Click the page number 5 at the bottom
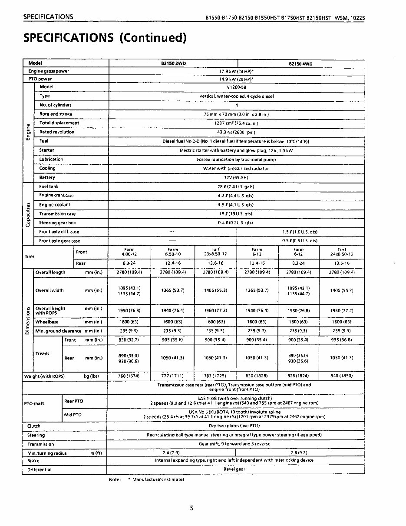[x=191, y=508]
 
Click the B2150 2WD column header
[x=173, y=63]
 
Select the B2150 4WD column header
[x=300, y=64]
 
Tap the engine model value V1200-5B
[x=237, y=87]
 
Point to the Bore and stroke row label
[x=56, y=114]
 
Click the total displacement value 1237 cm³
[x=236, y=123]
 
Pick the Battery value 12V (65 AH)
[x=236, y=177]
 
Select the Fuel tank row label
[x=49, y=186]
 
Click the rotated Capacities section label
[x=28, y=214]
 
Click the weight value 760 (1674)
[x=129, y=376]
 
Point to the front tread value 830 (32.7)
[x=129, y=340]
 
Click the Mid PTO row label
[x=73, y=415]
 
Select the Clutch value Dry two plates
[x=234, y=426]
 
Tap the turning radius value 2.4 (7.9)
[x=172, y=453]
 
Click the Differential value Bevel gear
[x=234, y=469]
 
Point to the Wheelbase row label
[x=47, y=322]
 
